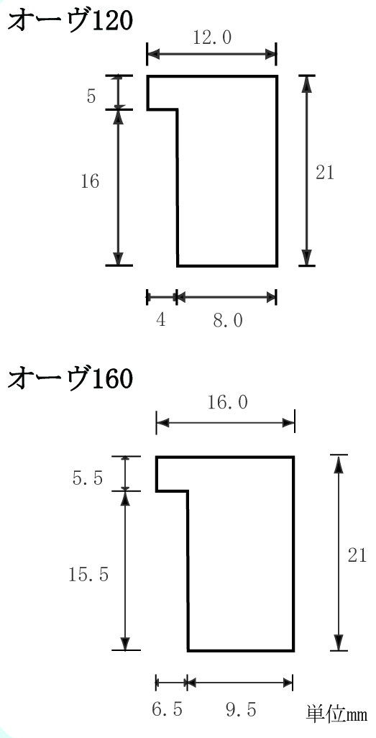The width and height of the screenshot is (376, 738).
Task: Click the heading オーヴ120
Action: point(70,21)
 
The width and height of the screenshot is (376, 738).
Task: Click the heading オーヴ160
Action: point(70,378)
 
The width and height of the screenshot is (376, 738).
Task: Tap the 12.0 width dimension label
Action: point(212,37)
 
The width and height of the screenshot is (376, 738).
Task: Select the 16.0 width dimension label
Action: point(227,403)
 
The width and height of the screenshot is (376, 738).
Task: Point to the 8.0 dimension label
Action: point(228,321)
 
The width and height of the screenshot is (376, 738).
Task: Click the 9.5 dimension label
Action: point(241,709)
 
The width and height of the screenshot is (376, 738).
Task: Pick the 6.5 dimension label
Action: point(167,709)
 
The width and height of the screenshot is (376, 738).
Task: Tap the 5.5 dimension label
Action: point(88,479)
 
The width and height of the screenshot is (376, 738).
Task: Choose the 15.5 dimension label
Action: point(88,575)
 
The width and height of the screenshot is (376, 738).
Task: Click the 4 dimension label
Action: point(161,321)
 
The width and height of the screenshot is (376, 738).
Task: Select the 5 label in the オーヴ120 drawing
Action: point(91,96)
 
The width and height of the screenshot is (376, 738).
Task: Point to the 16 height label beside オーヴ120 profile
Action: point(90,181)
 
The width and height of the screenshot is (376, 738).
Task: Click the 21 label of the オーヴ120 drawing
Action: point(325,173)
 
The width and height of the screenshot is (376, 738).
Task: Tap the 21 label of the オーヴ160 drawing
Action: point(357,555)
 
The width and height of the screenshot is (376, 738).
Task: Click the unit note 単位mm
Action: point(336,714)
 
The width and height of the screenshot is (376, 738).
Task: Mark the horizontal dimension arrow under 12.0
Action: point(211,54)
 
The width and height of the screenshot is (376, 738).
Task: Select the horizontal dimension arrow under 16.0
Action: point(226,422)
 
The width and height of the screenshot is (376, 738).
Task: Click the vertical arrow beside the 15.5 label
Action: point(125,571)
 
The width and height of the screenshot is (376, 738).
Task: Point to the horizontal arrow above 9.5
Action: point(240,682)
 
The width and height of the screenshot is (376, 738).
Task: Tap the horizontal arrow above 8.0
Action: point(226,297)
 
